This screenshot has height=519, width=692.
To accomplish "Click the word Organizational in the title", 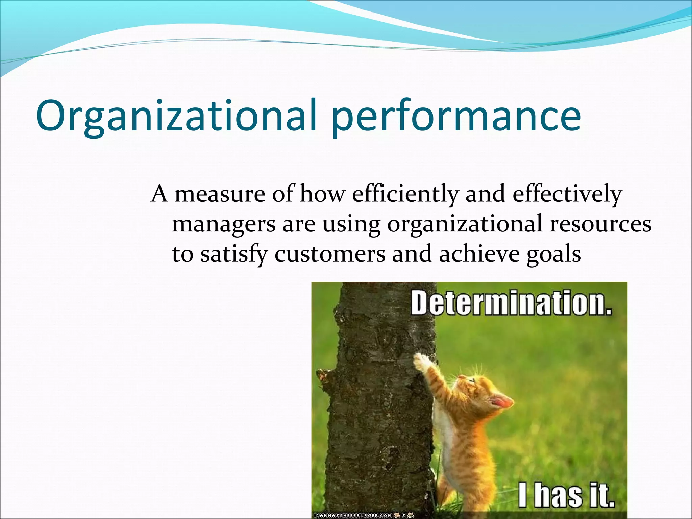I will pos(176,116).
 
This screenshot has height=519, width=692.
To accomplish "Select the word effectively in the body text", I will pos(567,194).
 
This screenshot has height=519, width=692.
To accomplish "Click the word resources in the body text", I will pos(600,224).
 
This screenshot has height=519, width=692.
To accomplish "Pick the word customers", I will pos(330,253).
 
